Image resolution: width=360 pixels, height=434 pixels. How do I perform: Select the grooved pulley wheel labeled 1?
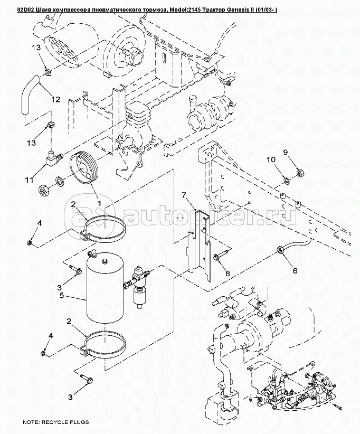pyautogui.click(x=86, y=169)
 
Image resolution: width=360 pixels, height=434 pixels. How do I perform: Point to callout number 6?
pyautogui.click(x=295, y=270)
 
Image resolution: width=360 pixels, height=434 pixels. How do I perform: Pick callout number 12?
pyautogui.click(x=56, y=99)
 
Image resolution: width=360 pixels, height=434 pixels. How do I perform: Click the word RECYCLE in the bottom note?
pyautogui.click(x=54, y=422)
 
